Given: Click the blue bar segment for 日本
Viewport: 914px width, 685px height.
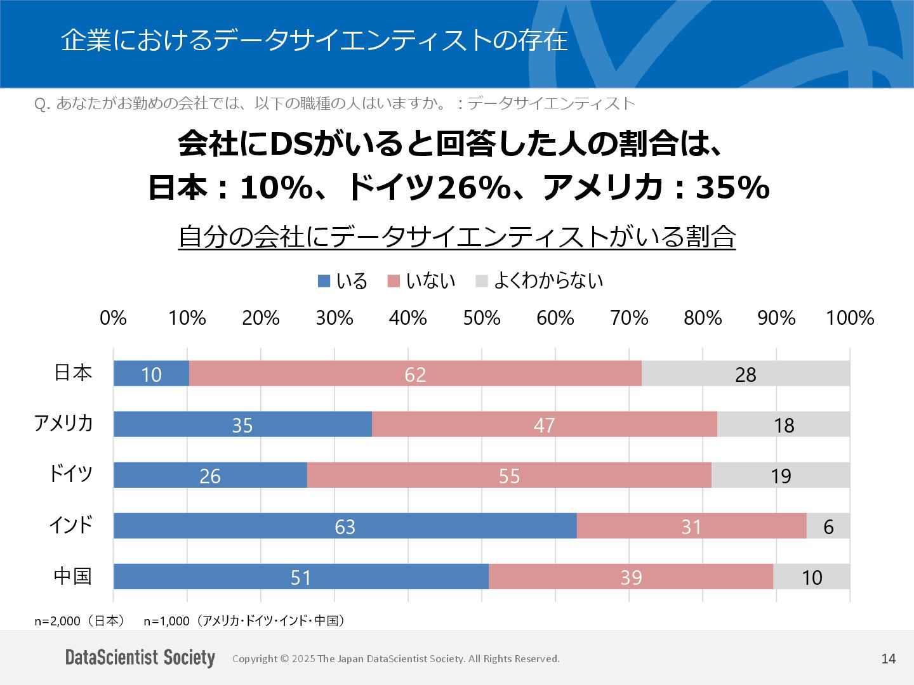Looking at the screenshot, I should point(151,374).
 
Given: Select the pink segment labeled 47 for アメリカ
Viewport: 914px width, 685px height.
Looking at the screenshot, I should point(544,424).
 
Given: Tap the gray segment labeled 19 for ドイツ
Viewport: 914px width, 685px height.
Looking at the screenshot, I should point(780,475).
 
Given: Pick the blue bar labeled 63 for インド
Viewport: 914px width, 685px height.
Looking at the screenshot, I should point(345,526).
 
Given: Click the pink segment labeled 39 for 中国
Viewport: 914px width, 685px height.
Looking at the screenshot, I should point(631,577).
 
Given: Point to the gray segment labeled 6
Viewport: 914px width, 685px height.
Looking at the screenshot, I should point(828,526).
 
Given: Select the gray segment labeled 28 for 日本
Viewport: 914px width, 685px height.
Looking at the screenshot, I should point(745,374).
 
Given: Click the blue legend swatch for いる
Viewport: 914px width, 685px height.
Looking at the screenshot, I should point(324,281).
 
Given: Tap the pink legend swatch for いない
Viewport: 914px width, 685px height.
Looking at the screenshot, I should point(394,281).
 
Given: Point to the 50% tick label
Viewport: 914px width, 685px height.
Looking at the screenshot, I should point(482,318).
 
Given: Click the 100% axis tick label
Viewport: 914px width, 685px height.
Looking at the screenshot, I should point(850,318).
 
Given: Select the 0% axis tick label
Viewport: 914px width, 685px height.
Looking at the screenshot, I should point(114,318).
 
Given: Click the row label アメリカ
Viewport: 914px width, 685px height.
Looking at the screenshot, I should point(63,423).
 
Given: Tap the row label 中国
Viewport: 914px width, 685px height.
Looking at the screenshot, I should point(73,576).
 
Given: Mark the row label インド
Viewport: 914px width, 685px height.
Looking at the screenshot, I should point(71,525).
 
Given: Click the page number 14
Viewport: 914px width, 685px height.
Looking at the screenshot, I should point(888,659).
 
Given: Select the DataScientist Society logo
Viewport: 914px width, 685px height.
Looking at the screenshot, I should point(140,658).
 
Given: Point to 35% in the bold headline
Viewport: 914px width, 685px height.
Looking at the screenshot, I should point(732,188).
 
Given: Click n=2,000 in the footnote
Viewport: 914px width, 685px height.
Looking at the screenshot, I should point(58,621).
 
